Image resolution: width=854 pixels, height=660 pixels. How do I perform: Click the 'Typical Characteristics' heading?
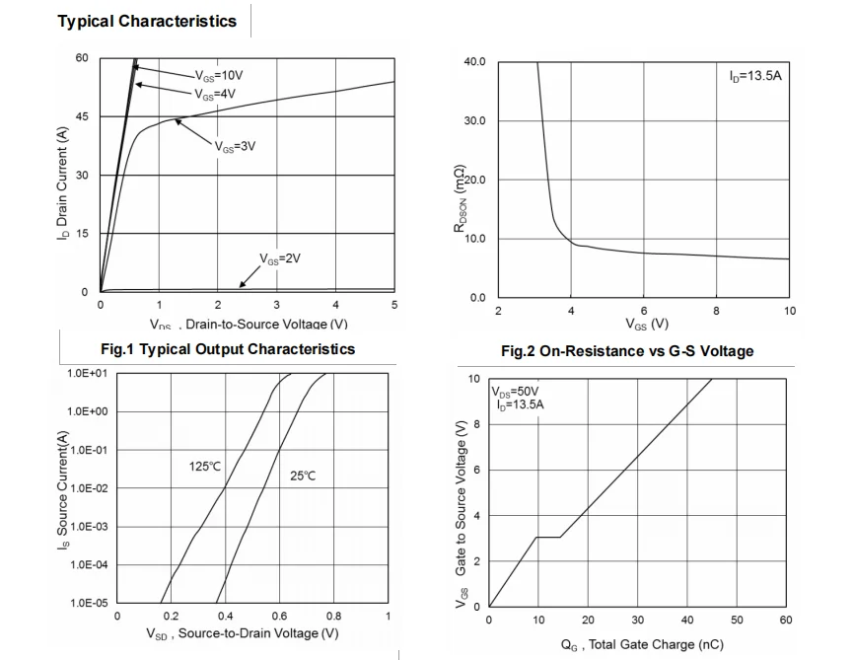point(147,21)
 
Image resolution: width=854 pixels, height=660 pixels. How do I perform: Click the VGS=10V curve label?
point(217,76)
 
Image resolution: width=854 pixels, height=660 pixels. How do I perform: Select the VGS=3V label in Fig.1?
point(235,146)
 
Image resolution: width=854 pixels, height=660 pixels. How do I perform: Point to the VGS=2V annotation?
point(279,258)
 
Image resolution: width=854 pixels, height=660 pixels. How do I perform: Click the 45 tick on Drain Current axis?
point(82,116)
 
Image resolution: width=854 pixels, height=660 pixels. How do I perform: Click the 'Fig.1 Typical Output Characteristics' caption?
point(228,349)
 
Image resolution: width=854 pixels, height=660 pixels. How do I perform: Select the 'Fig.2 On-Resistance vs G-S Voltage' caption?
point(627,351)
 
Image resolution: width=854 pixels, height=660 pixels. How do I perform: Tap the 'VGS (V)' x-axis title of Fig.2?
point(646,324)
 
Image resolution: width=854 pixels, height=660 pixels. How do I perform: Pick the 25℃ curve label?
point(303,476)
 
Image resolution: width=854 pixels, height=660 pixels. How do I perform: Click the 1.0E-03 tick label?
point(87,527)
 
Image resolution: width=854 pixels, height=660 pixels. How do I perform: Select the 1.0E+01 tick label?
point(87,374)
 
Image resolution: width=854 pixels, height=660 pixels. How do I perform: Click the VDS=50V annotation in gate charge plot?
point(516,391)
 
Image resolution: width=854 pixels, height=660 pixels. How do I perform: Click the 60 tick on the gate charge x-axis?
point(785,620)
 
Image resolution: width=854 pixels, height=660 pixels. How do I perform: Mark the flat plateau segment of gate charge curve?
point(548,537)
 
